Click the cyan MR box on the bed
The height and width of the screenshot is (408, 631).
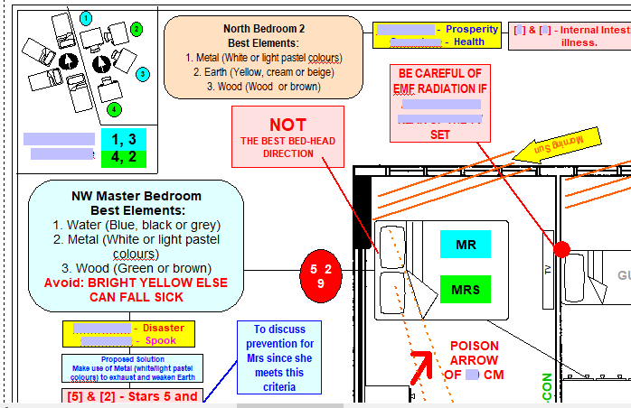pyautogui.click(x=465, y=245)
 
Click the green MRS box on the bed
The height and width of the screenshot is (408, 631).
pyautogui.click(x=465, y=289)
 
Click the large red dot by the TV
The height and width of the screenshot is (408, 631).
pyautogui.click(x=561, y=248)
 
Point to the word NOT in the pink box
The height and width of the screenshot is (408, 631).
pyautogui.click(x=287, y=125)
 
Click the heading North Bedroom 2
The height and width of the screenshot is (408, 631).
pyautogui.click(x=264, y=29)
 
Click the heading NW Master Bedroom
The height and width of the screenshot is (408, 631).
pyautogui.click(x=136, y=196)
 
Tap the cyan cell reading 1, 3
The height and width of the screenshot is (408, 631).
pyautogui.click(x=129, y=138)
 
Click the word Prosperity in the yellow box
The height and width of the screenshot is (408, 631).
pyautogui.click(x=472, y=29)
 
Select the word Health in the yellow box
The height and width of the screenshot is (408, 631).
pyautogui.click(x=469, y=42)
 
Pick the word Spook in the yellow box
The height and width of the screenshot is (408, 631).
pyautogui.click(x=156, y=340)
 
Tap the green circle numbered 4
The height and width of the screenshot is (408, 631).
pyautogui.click(x=114, y=109)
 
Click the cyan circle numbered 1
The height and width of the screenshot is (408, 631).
pyautogui.click(x=85, y=17)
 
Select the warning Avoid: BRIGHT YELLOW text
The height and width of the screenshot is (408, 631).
pyautogui.click(x=136, y=282)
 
